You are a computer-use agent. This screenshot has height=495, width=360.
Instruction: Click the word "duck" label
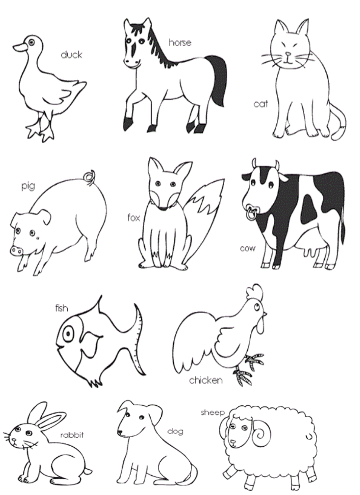pos(71,55)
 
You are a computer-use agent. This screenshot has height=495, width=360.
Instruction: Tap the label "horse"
pos(180,42)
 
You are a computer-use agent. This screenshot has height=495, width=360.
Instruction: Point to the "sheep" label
pos(212,413)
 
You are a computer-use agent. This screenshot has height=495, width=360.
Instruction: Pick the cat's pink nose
pos(288,54)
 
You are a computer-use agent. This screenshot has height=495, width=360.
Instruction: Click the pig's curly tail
pos(90,177)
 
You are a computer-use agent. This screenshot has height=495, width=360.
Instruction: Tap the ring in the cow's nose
pos(251,214)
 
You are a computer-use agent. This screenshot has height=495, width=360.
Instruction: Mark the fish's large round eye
pos(68,334)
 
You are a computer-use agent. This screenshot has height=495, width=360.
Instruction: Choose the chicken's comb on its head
pos(255,292)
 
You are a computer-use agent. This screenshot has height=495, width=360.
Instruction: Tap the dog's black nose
pos(120,432)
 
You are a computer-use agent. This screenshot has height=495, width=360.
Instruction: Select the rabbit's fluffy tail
pos(88,471)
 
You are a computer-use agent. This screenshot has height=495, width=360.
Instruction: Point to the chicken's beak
pos(264,314)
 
